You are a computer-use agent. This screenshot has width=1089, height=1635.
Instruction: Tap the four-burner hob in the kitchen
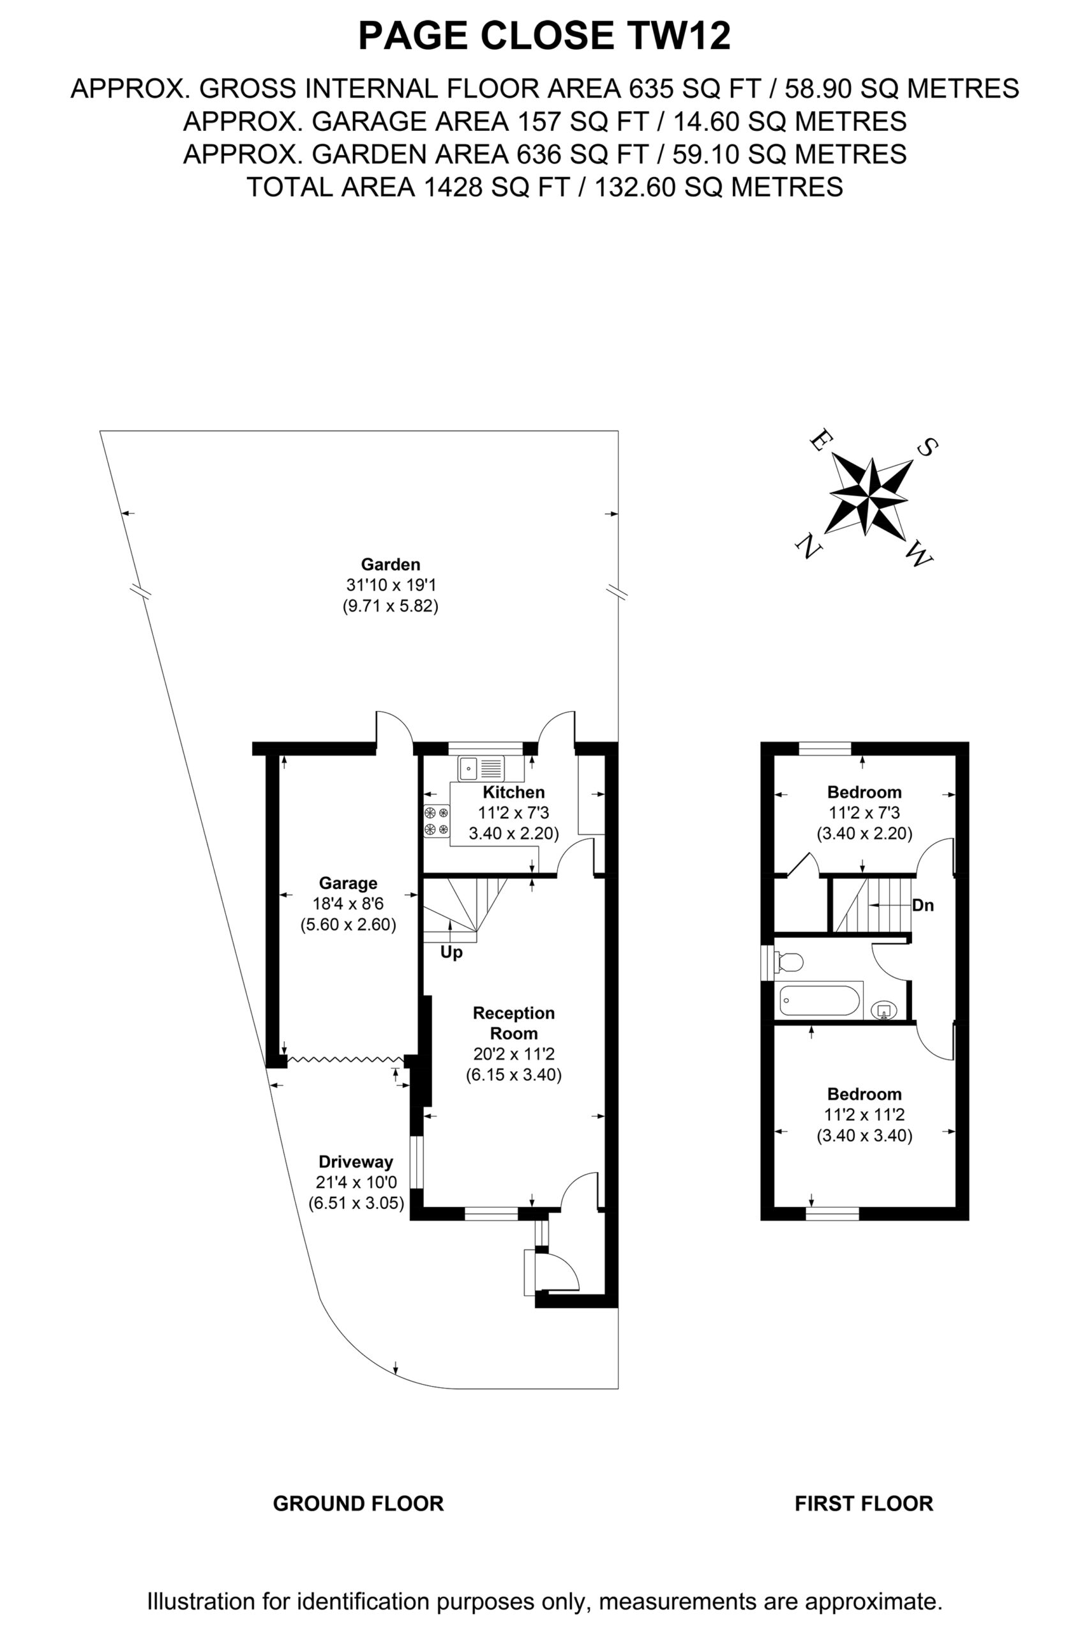click(x=436, y=821)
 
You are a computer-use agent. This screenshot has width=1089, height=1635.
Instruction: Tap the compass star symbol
click(x=869, y=496)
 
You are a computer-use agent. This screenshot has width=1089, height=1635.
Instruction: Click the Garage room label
click(x=348, y=883)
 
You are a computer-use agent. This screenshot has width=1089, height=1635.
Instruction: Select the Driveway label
click(x=356, y=1162)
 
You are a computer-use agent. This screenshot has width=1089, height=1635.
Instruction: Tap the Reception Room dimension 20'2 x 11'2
click(x=514, y=1053)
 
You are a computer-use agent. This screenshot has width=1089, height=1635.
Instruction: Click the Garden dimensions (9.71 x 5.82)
click(x=390, y=606)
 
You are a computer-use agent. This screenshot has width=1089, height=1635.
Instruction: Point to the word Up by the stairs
click(x=451, y=953)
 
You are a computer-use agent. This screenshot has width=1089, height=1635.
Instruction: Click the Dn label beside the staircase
click(x=923, y=906)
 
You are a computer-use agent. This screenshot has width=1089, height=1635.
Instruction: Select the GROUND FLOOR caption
click(x=358, y=1503)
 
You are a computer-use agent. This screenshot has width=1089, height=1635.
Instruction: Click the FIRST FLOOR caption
click(x=864, y=1503)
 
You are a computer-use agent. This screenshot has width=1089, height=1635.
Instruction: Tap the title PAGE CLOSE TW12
click(x=544, y=36)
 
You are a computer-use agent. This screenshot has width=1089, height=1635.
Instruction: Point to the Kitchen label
click(x=514, y=792)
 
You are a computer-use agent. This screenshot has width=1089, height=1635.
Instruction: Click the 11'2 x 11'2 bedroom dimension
click(x=864, y=1115)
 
